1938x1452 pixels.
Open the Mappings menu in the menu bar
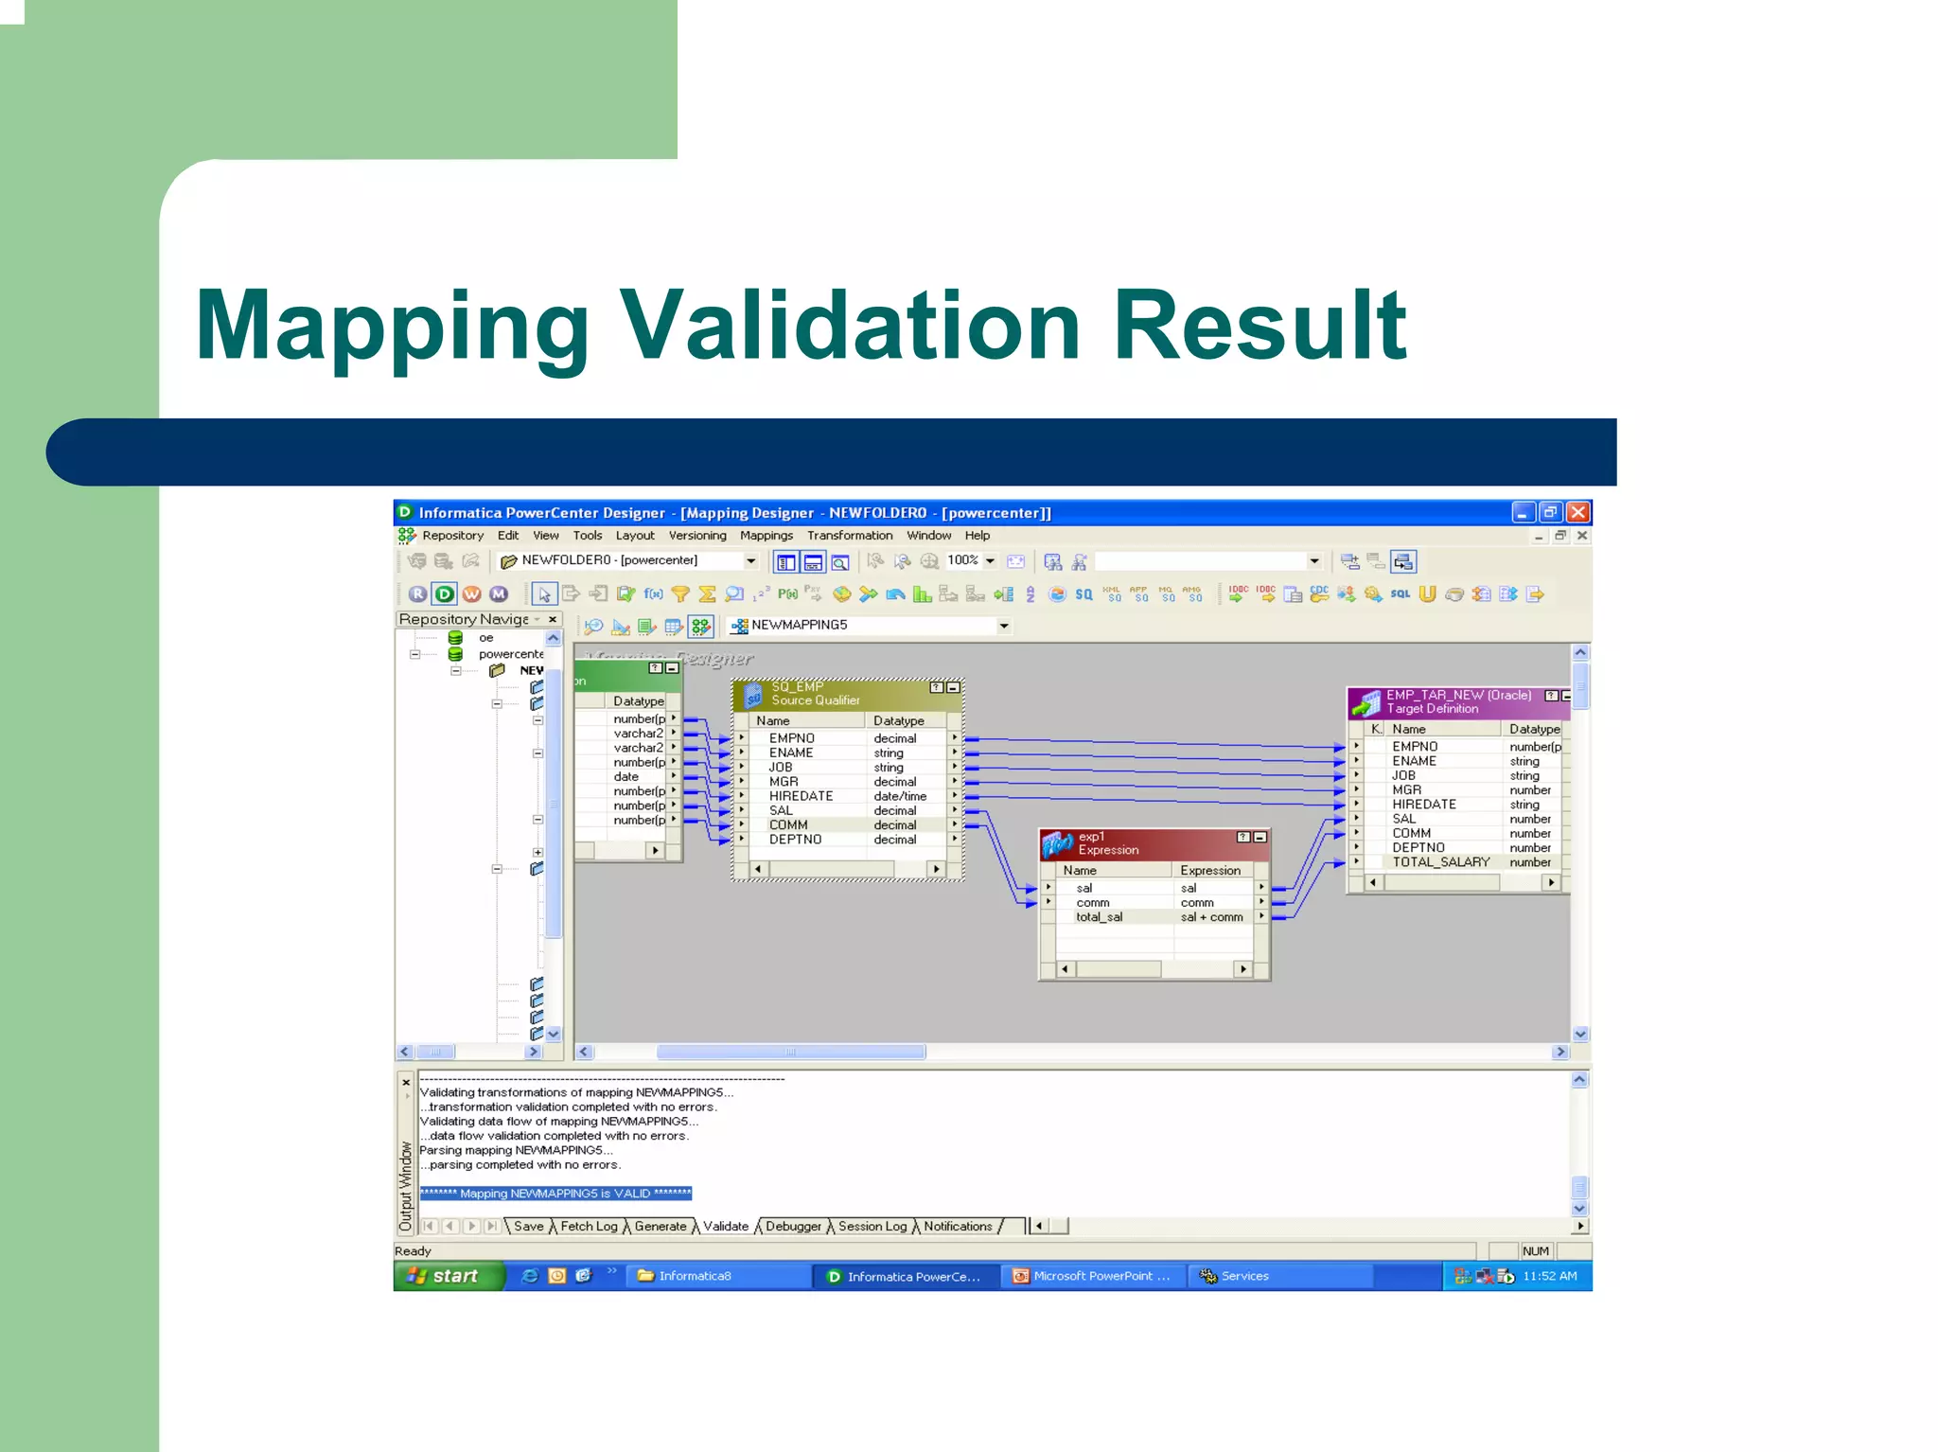click(x=766, y=536)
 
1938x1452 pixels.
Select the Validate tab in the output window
click(x=725, y=1227)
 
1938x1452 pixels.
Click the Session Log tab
click(x=872, y=1227)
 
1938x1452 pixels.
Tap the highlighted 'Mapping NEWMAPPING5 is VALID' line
click(x=555, y=1194)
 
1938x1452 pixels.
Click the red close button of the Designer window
click(x=1577, y=513)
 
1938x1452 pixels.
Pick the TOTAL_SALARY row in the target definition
click(x=1440, y=862)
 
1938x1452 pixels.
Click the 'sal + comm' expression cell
click(x=1211, y=917)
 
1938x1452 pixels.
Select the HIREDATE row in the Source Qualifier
click(x=801, y=796)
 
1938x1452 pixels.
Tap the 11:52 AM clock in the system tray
click(x=1549, y=1276)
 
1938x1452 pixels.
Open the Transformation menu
click(x=849, y=536)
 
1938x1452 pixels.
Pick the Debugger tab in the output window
click(x=792, y=1227)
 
